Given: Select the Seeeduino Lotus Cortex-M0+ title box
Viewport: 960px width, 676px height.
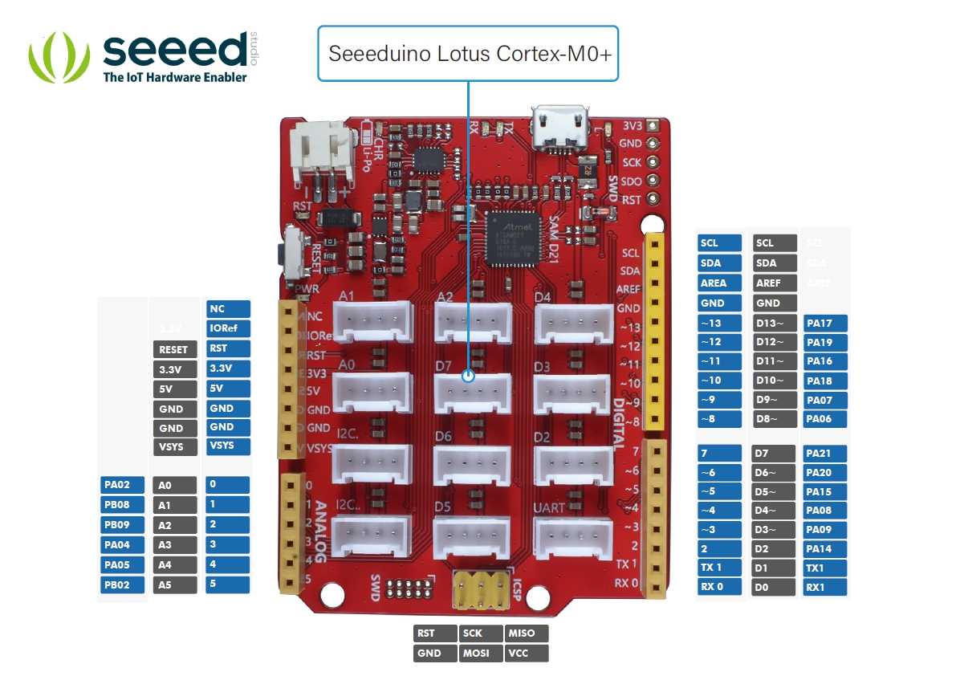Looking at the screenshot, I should coord(468,54).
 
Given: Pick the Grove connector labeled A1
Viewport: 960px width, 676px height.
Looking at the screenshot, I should coord(372,322).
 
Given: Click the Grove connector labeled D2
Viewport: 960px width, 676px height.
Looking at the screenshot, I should coord(573,463).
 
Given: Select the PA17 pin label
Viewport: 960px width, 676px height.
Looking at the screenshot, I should coord(825,323).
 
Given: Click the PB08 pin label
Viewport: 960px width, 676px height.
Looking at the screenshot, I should coord(123,504).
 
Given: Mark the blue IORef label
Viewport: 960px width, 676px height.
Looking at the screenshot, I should coord(228,328).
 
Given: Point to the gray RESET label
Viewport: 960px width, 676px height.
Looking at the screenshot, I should coord(174,349).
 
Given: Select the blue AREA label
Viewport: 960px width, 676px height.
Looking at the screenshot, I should coord(719,283).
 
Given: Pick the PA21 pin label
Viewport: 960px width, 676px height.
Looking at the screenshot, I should coord(825,454).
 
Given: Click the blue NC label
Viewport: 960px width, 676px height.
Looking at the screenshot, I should coord(228,308).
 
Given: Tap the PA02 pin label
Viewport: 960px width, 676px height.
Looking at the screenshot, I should coord(123,484).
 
